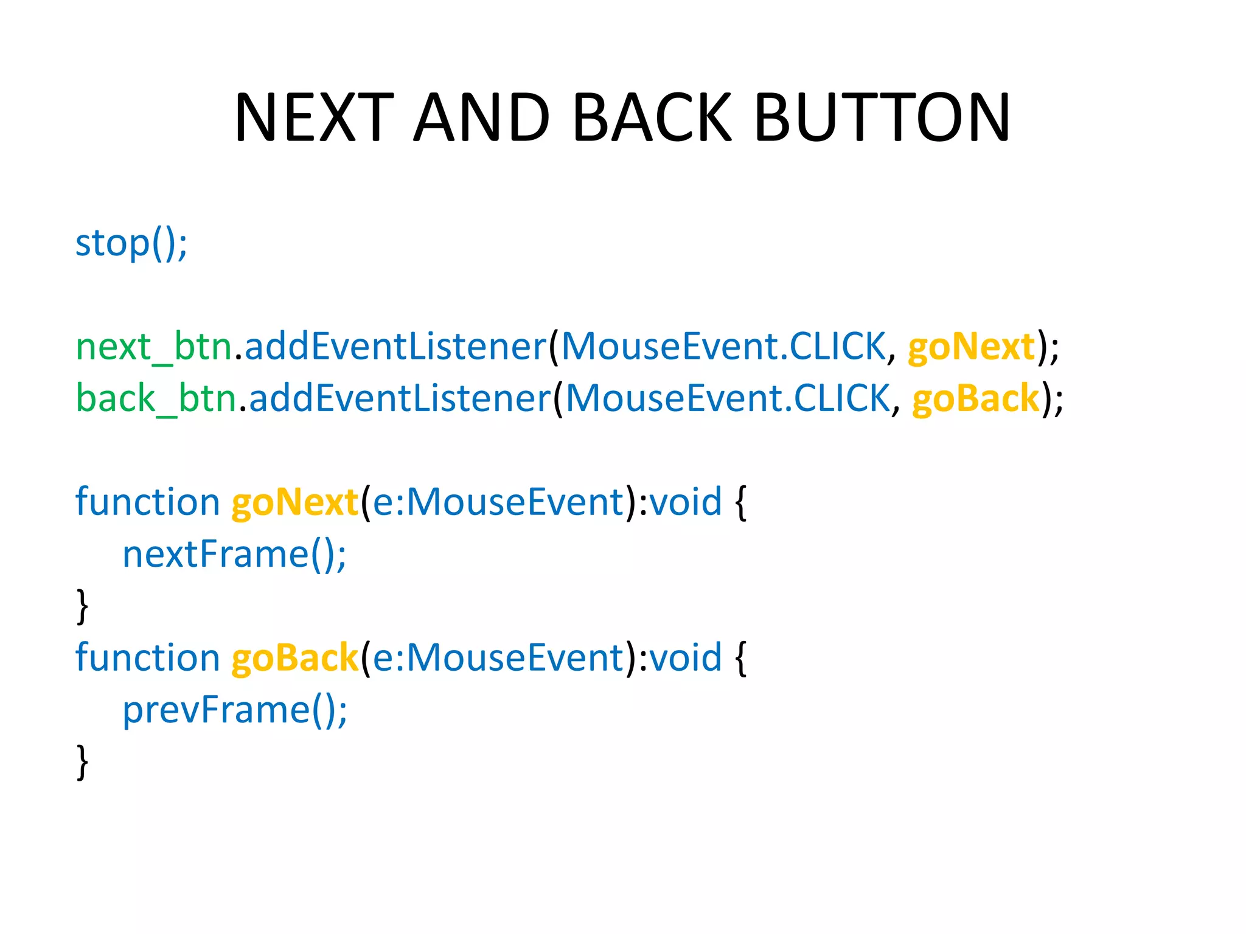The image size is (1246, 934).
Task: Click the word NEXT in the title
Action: coord(314,117)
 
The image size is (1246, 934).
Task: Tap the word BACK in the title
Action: coord(652,117)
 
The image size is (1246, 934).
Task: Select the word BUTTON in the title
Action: coord(882,117)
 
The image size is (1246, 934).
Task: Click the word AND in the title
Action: coord(482,117)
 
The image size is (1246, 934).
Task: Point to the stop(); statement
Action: coord(131,243)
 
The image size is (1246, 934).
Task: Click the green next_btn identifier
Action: coord(154,347)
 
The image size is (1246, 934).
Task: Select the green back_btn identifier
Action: coord(156,399)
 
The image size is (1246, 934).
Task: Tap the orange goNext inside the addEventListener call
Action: coord(971,347)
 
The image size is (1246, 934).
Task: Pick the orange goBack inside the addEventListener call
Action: coord(976,399)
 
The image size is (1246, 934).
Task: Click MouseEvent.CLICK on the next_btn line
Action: coord(723,347)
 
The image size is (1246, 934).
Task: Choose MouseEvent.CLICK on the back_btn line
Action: coord(728,399)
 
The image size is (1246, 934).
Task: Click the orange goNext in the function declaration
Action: coord(295,503)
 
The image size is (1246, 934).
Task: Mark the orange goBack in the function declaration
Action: coord(295,659)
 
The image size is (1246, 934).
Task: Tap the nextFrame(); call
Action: coord(234,555)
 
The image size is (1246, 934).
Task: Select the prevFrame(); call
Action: coord(235,710)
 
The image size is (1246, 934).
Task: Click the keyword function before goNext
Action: coord(147,503)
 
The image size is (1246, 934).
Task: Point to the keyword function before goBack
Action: coord(147,659)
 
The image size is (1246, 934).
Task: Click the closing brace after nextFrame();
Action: coord(82,606)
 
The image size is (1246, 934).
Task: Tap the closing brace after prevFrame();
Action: coord(82,762)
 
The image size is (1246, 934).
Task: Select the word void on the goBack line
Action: coord(686,659)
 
